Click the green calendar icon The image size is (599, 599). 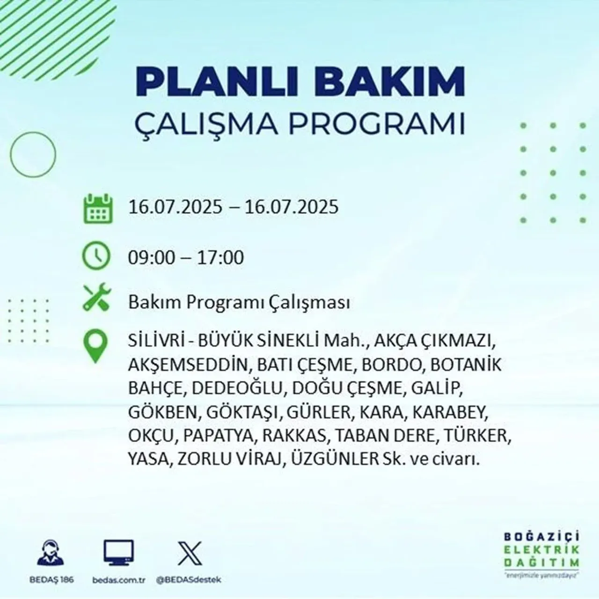pos(98,208)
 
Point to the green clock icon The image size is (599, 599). pos(96,256)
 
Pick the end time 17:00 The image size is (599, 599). pos(220,258)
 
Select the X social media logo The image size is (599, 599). pos(190,553)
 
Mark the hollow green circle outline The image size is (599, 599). pos(33,154)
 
